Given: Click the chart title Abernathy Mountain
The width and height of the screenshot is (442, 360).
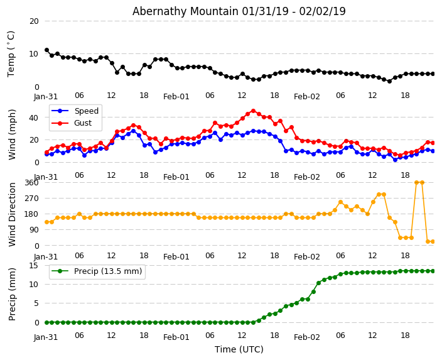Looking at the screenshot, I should (x=239, y=11).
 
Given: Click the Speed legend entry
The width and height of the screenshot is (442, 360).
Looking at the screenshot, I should (x=86, y=111).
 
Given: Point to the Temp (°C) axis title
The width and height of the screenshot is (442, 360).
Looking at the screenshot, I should (x=11, y=53).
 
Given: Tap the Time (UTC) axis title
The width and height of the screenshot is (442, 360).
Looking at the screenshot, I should (x=239, y=350).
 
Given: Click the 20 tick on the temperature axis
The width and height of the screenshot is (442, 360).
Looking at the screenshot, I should (x=34, y=21).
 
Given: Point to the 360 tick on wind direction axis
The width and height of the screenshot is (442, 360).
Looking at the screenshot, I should (x=31, y=182).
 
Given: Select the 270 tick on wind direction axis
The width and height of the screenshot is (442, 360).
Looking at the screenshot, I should (x=31, y=198).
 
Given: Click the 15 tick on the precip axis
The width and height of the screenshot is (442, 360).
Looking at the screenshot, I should (x=34, y=265).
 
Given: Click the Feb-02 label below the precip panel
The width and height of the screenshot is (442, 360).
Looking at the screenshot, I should (x=307, y=337).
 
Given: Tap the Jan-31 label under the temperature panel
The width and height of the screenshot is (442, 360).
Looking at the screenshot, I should (x=46, y=97).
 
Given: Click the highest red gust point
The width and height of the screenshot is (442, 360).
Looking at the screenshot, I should (x=253, y=111).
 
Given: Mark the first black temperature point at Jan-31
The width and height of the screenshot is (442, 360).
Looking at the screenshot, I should (x=46, y=50).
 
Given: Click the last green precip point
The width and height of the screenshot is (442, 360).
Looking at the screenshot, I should (x=433, y=271).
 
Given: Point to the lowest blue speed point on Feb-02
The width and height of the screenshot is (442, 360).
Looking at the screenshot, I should (x=395, y=160).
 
